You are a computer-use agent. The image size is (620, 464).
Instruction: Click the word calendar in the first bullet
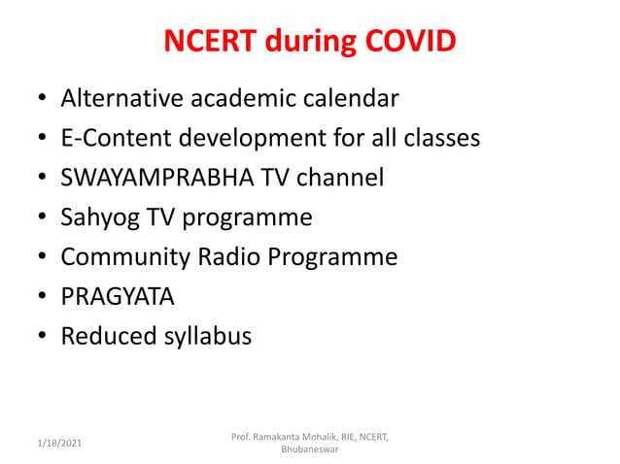350,98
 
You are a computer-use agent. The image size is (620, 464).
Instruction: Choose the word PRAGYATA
118,297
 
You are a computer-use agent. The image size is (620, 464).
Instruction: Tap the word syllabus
207,337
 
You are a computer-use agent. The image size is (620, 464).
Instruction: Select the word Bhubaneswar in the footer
310,450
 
